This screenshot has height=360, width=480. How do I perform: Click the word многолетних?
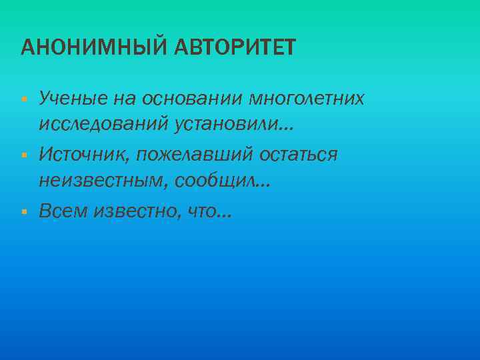307,99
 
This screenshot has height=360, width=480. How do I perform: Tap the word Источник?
83,155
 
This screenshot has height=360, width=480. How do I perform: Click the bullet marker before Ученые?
23,100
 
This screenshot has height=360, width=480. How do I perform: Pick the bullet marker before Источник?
23,155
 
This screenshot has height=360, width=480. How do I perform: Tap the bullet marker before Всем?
23,211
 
